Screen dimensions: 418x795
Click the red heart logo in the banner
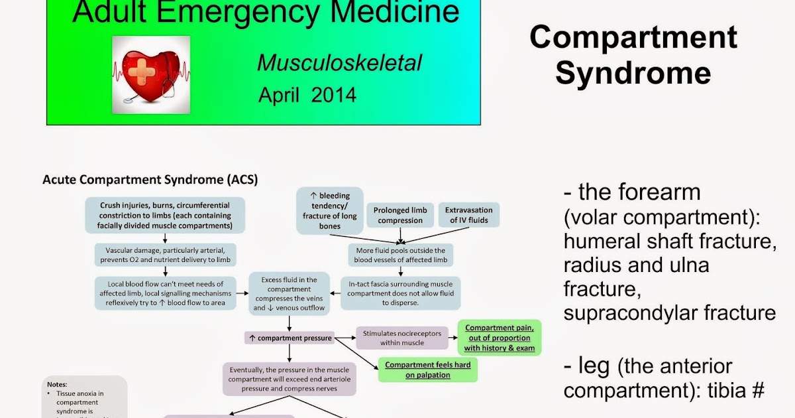152,72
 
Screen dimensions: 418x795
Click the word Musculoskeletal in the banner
339,62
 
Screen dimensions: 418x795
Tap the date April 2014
307,95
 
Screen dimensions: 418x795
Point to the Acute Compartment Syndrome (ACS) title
150,179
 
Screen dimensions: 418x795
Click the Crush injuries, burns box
166,215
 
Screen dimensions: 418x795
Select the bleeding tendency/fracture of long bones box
330,211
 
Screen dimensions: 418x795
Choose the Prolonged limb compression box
399,215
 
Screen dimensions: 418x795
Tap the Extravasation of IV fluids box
468,215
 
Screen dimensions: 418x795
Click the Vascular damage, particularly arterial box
166,255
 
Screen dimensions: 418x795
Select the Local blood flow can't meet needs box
166,293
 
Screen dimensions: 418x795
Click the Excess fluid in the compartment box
290,293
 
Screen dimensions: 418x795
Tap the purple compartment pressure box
290,338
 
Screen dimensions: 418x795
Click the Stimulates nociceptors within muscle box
401,338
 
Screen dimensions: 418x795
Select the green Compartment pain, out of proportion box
500,338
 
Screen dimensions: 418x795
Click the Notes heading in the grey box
58,383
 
